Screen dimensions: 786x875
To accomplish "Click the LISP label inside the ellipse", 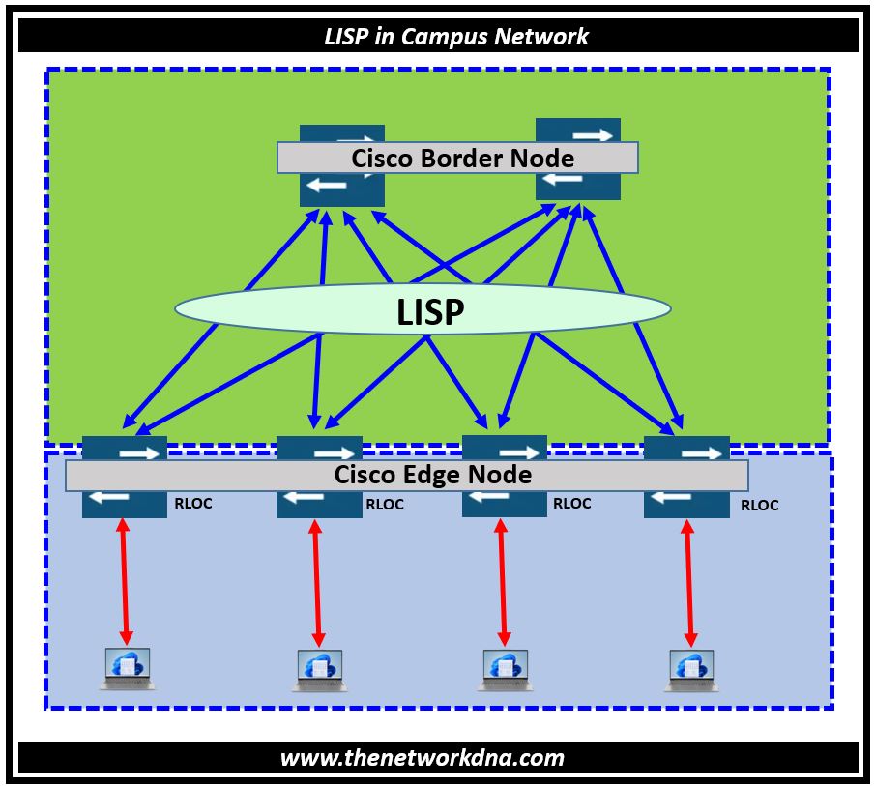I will click(430, 311).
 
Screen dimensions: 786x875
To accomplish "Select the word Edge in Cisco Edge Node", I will click(432, 475).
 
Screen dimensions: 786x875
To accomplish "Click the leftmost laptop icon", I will click(127, 668).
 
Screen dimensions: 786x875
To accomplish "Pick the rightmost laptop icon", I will click(690, 670).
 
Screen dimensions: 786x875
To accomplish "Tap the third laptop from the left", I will click(504, 669).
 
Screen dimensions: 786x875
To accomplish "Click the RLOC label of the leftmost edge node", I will click(193, 503).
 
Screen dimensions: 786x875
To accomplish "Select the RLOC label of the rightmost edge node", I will click(759, 505).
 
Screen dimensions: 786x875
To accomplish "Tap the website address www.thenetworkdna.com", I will click(423, 757).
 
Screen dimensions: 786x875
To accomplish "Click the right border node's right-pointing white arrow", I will click(591, 135).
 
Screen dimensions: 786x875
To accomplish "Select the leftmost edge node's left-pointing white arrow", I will click(108, 497).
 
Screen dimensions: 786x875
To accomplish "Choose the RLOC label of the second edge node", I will click(385, 504).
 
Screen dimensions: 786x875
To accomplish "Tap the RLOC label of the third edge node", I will click(571, 503).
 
